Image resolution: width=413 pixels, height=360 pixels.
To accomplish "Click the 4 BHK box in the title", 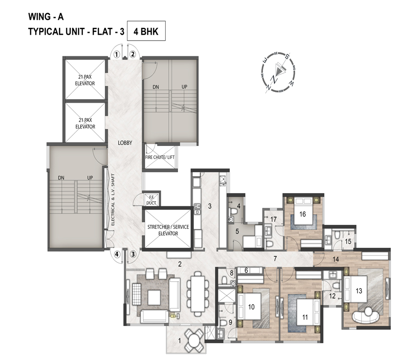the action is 146,31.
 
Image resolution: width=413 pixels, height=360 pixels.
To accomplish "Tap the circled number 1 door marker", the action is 116,55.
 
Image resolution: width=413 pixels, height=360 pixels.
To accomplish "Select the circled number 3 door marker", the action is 133,254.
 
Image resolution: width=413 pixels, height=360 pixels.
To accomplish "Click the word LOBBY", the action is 125,143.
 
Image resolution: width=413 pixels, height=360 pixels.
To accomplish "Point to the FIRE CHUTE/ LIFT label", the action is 160,157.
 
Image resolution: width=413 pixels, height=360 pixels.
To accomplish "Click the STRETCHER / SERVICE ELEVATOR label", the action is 168,230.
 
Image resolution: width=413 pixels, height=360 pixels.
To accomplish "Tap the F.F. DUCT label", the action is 151,201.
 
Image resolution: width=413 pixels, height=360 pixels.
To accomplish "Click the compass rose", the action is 277,72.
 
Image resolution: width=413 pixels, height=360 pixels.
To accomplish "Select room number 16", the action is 302,214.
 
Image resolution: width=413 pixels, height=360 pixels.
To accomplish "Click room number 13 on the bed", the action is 359,291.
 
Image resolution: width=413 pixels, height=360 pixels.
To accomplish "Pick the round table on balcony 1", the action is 194,340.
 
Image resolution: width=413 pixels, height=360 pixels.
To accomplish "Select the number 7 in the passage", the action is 275,259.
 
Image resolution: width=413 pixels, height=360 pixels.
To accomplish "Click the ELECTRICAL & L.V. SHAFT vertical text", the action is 113,199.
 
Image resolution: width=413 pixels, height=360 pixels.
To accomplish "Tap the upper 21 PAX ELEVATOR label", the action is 85,80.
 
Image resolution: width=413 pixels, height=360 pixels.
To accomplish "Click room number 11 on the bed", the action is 305,317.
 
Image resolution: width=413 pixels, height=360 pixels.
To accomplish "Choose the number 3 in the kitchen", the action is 210,206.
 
